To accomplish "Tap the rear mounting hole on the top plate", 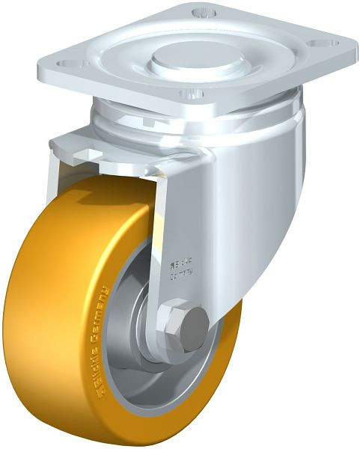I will (201, 13).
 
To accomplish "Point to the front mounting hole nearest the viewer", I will (190, 94).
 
